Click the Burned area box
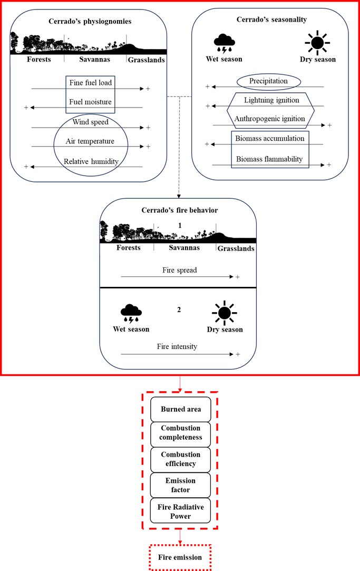click(x=180, y=409)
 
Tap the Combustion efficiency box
click(x=180, y=459)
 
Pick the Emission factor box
click(x=180, y=485)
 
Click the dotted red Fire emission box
click(x=180, y=557)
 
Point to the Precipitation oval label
click(x=269, y=81)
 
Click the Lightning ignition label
click(x=271, y=100)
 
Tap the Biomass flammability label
click(x=270, y=159)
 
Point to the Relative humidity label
click(x=90, y=161)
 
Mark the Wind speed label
click(x=91, y=122)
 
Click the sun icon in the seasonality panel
click(x=316, y=42)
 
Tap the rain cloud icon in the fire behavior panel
click(x=131, y=313)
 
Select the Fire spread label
click(x=179, y=270)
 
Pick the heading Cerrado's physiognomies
click(x=88, y=22)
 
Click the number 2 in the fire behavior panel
click(x=179, y=309)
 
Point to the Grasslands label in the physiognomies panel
click(x=147, y=60)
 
